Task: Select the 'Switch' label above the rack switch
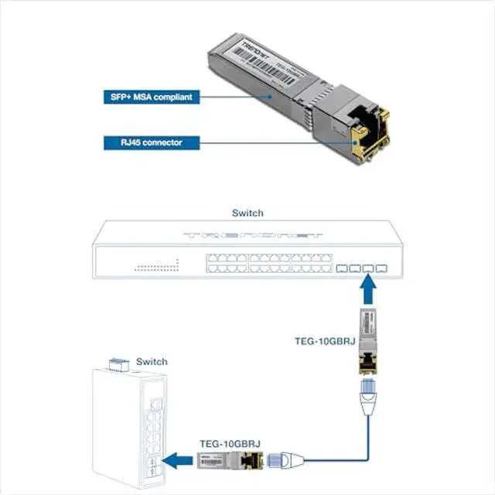(x=247, y=213)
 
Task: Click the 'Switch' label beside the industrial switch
(x=152, y=361)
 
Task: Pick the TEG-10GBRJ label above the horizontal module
(x=230, y=443)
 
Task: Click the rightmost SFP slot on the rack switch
(x=381, y=269)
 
